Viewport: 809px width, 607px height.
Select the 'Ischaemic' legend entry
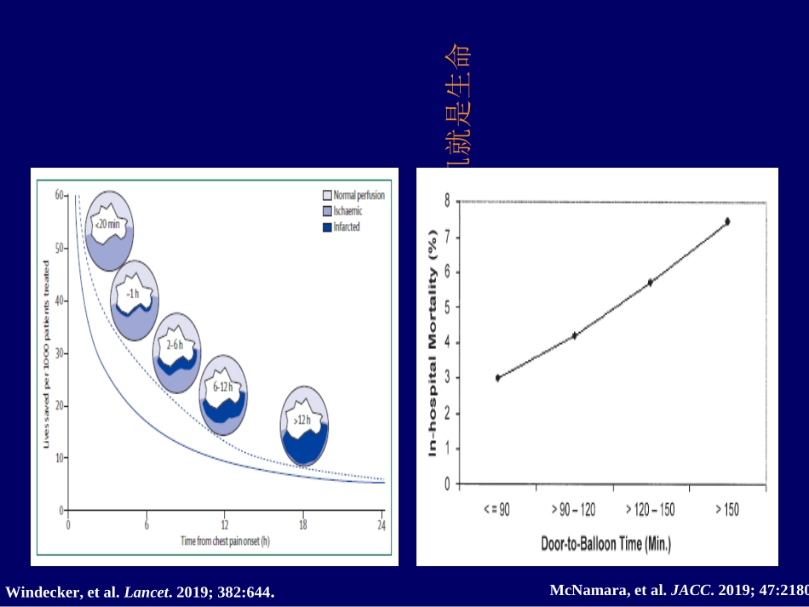point(346,210)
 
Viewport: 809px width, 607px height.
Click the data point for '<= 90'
point(497,377)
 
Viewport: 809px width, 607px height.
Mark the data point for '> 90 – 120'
point(574,335)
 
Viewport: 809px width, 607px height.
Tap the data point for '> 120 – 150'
point(651,282)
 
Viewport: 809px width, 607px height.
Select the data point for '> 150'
point(727,221)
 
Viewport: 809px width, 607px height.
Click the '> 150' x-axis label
point(727,509)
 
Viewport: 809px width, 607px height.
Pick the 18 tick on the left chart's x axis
point(303,524)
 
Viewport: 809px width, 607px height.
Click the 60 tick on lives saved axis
point(60,195)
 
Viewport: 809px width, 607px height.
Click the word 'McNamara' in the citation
point(587,589)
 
